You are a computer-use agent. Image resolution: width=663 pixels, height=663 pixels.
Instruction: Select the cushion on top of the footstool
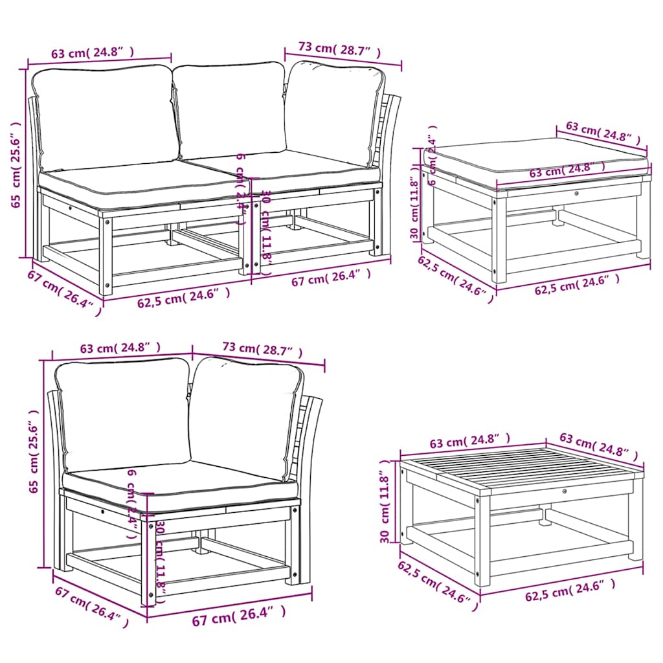[536, 159]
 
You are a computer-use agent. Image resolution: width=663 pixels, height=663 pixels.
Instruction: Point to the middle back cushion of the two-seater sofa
[230, 110]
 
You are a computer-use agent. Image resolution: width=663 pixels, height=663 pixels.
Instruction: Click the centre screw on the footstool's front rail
[576, 192]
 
